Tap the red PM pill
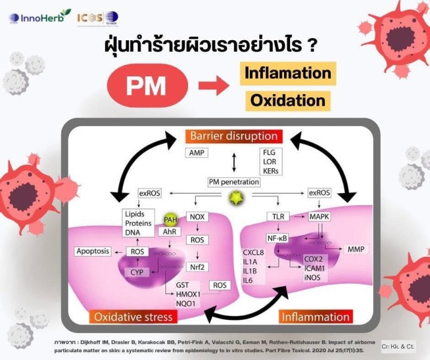click(146, 85)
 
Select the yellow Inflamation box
click(287, 73)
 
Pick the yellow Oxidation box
click(287, 100)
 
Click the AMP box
click(196, 153)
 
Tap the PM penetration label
click(232, 182)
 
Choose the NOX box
click(197, 217)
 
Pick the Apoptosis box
click(93, 251)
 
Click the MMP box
click(355, 249)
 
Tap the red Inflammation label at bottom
click(314, 316)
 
